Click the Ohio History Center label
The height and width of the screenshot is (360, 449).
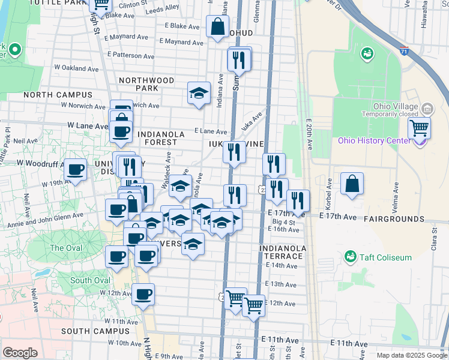pyautogui.click(x=374, y=141)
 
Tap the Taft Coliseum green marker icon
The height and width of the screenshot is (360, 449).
pyautogui.click(x=351, y=257)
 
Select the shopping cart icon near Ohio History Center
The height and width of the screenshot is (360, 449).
pyautogui.click(x=419, y=128)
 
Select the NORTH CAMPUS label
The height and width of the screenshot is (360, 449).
pyautogui.click(x=58, y=95)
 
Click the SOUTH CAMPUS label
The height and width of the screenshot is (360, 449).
pyautogui.click(x=91, y=331)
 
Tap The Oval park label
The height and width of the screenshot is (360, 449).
pyautogui.click(x=66, y=248)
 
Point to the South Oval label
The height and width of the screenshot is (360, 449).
pyautogui.click(x=90, y=280)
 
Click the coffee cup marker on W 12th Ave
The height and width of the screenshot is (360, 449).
pyautogui.click(x=143, y=295)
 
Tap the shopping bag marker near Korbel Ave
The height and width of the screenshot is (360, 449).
pyautogui.click(x=352, y=184)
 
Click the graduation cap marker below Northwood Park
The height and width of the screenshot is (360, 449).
pyautogui.click(x=199, y=93)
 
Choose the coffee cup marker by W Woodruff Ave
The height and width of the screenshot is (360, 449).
pyautogui.click(x=75, y=169)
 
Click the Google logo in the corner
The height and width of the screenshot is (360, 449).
pyautogui.click(x=20, y=353)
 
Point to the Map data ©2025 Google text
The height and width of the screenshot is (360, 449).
pyautogui.click(x=411, y=355)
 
